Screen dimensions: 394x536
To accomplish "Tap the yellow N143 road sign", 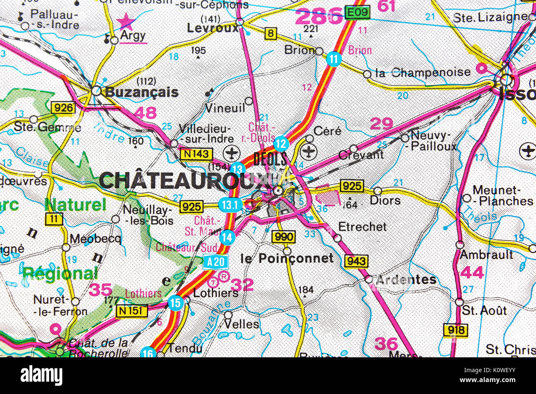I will [x=196, y=155].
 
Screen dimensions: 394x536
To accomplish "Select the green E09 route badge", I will [x=357, y=12].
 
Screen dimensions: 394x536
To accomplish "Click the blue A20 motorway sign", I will [x=215, y=262].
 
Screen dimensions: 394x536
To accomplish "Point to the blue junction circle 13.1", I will [x=230, y=204].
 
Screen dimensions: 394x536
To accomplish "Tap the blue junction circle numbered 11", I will [x=334, y=59].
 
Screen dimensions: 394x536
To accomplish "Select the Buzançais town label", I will [x=142, y=92].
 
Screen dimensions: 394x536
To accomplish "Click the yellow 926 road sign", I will [x=63, y=108].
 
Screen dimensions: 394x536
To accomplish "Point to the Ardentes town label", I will [x=406, y=279].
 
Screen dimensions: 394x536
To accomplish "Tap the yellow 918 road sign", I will [x=456, y=330].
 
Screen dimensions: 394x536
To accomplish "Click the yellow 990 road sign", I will [x=284, y=237].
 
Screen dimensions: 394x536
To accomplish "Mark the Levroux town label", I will [x=212, y=28].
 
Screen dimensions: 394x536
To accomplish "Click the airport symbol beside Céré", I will [x=308, y=152].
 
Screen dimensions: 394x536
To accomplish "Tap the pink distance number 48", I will [x=145, y=113].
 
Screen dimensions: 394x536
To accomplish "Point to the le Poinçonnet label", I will [x=287, y=258].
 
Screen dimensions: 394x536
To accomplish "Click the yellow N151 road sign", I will [x=132, y=311].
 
